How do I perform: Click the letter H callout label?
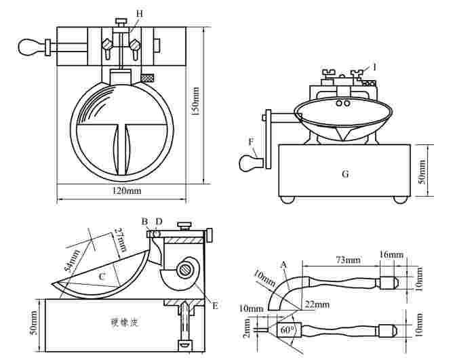139,14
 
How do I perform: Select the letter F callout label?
252,142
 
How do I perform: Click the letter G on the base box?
345,174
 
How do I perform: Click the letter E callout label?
215,306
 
